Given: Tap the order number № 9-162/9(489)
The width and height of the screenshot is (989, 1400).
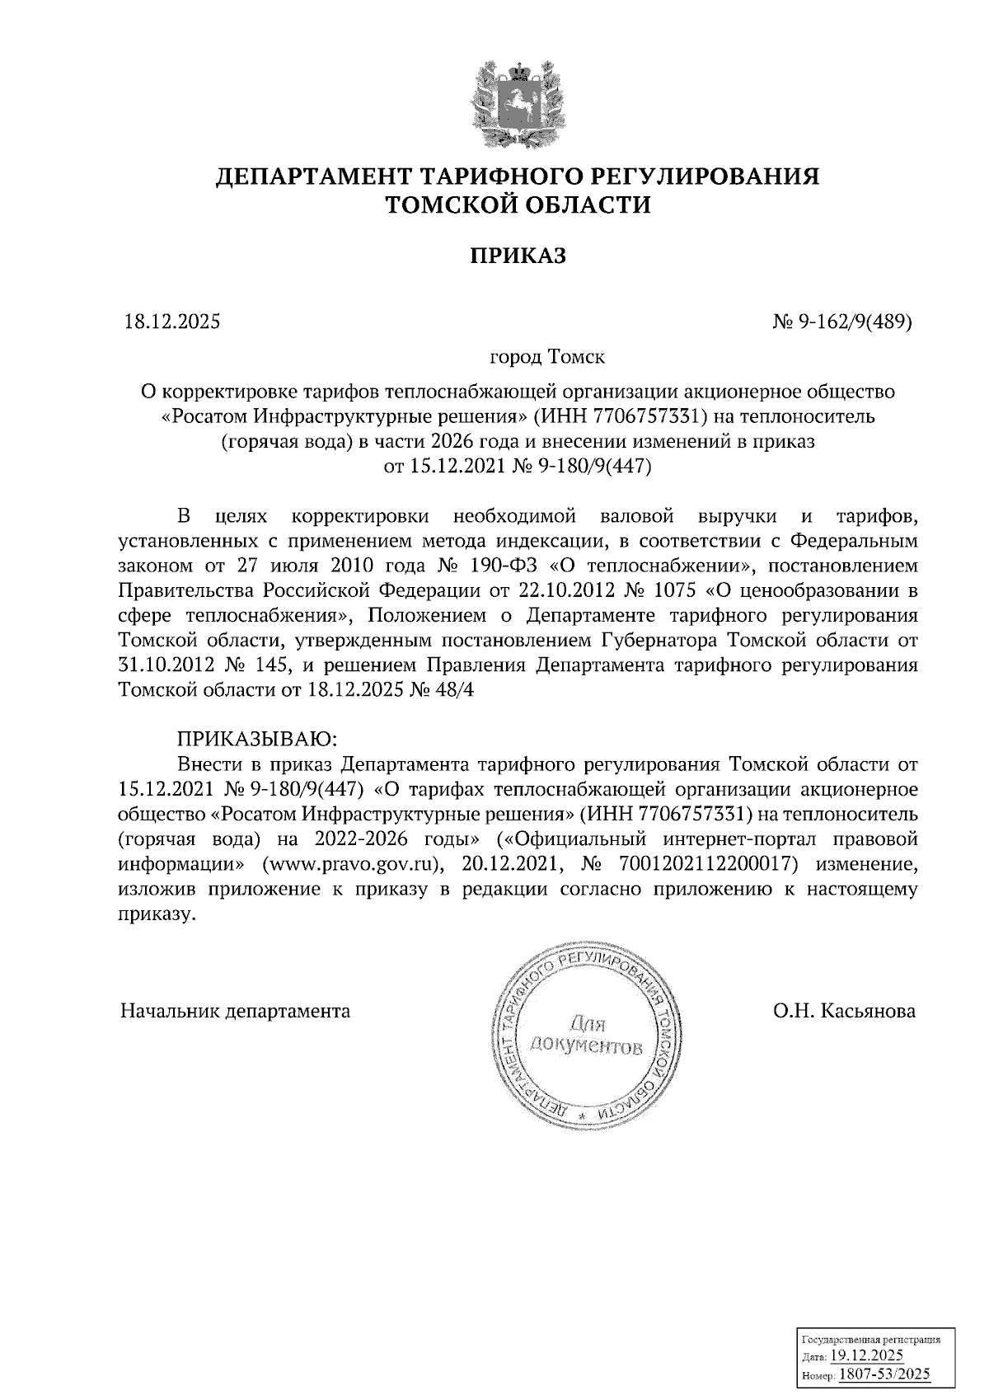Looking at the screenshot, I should (842, 322).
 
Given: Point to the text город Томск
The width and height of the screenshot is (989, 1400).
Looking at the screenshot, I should (547, 358).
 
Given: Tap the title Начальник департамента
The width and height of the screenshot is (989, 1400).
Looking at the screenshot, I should (235, 1011).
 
